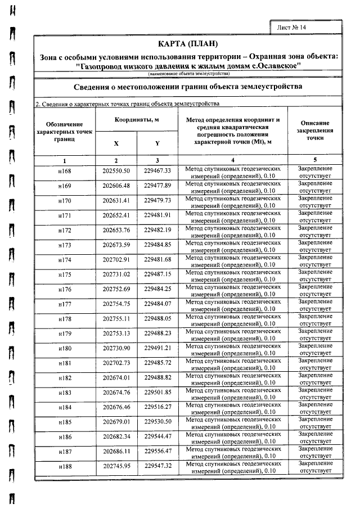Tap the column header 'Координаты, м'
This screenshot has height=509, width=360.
click(x=137, y=120)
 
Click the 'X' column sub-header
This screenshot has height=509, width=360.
click(x=116, y=143)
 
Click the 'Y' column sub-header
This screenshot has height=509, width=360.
click(x=157, y=143)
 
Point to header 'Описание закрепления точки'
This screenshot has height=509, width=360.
click(x=315, y=130)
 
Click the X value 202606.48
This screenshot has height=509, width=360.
click(x=116, y=186)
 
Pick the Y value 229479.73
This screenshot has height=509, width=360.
click(x=157, y=200)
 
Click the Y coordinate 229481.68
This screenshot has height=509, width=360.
click(x=157, y=259)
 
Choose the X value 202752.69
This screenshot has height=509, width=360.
click(x=116, y=289)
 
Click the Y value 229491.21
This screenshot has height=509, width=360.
click(x=157, y=348)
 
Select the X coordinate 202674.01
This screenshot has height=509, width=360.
click(x=116, y=377)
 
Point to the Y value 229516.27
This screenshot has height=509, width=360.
click(x=157, y=406)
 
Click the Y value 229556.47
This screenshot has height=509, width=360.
click(x=157, y=451)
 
